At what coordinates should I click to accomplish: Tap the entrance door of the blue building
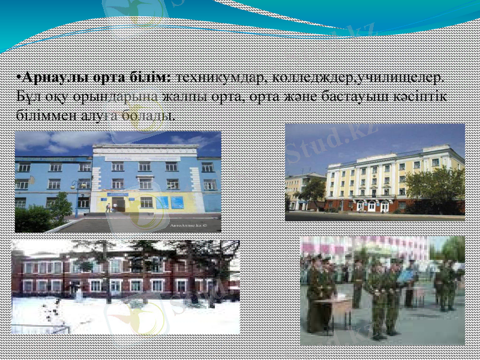point(118,205)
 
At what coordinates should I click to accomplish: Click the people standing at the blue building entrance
point(110,208)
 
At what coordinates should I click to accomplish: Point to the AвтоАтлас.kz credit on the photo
point(187,227)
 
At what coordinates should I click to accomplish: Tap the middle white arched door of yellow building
point(371,206)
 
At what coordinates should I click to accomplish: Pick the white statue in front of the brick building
point(80,295)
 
